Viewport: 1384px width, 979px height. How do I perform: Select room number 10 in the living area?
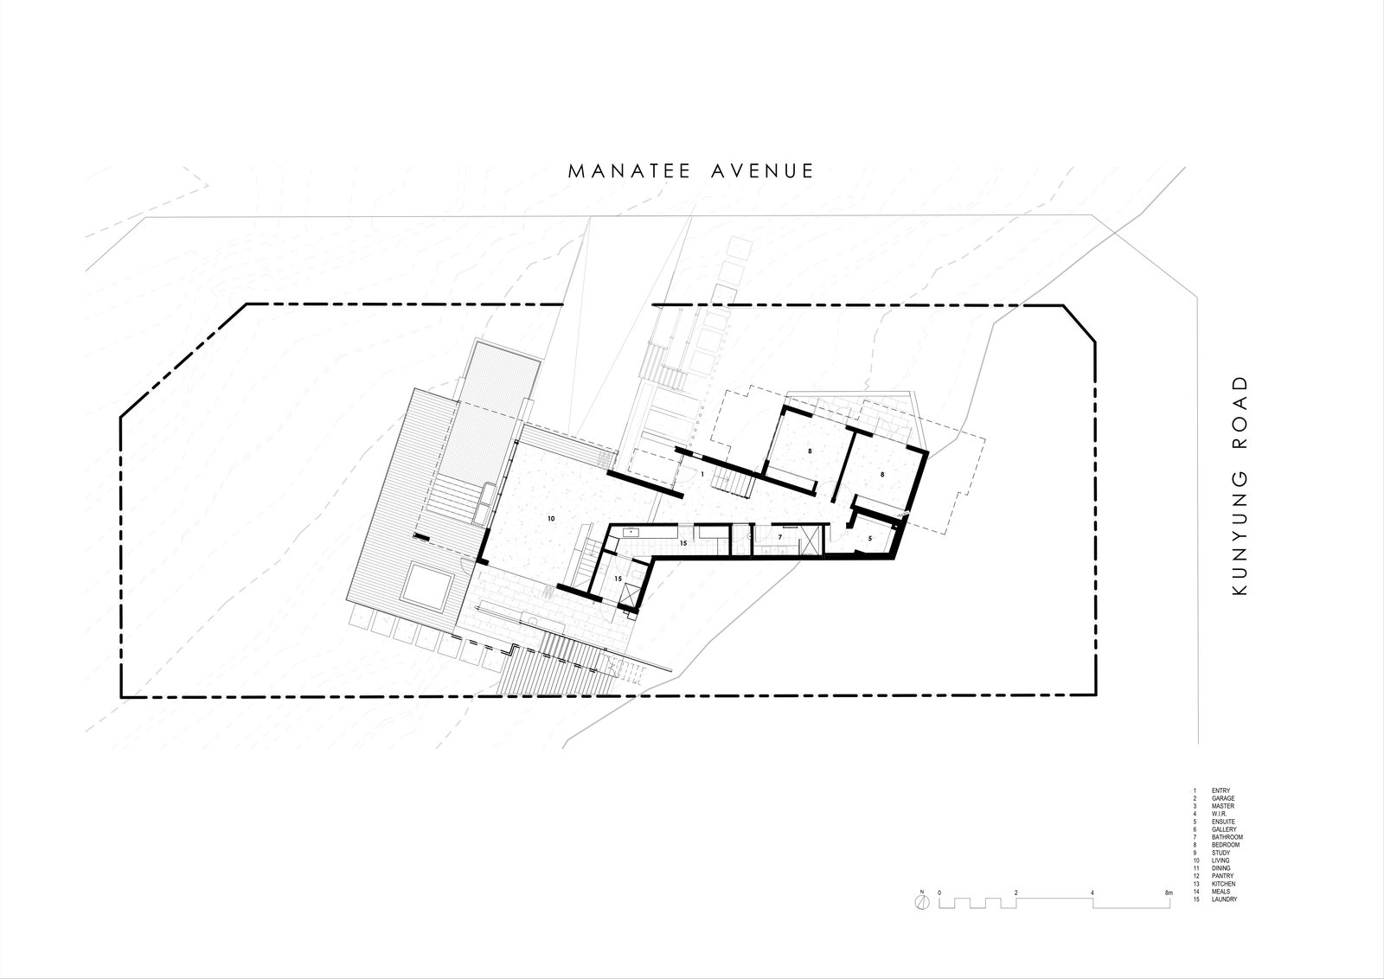click(550, 518)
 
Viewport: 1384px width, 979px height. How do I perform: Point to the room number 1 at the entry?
click(702, 475)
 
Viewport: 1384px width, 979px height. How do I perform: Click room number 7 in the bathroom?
click(780, 537)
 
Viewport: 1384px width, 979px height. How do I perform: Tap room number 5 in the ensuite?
click(869, 539)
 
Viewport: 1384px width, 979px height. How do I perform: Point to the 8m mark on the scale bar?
click(1169, 892)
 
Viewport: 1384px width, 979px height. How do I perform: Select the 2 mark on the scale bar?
click(1016, 892)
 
